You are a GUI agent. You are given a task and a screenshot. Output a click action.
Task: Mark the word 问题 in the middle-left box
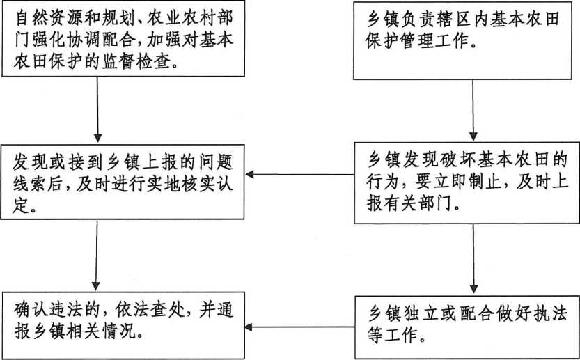tap(216, 163)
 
